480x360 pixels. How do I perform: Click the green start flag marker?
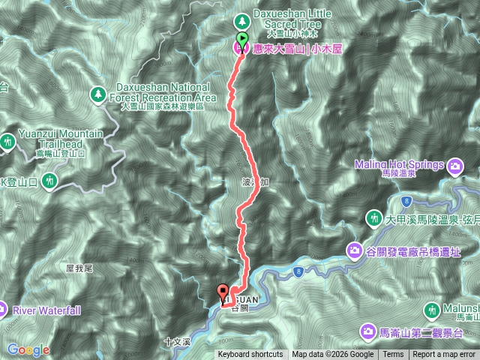pyautogui.click(x=242, y=39)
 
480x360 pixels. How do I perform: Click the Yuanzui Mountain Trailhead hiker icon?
pyautogui.click(x=8, y=140)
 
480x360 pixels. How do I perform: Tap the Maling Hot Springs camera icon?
pyautogui.click(x=454, y=165)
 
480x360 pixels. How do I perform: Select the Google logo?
pyautogui.click(x=28, y=349)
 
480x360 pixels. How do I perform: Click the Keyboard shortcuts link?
pyautogui.click(x=250, y=355)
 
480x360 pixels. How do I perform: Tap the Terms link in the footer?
pyautogui.click(x=392, y=355)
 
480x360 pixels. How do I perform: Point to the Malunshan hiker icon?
pyautogui.click(x=432, y=309)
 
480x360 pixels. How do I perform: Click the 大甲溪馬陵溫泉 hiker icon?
pyautogui.click(x=373, y=217)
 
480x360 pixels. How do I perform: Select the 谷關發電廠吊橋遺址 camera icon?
pyautogui.click(x=353, y=249)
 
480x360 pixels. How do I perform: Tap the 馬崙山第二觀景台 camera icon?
pyautogui.click(x=369, y=330)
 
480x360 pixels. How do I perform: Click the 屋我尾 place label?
pyautogui.click(x=78, y=268)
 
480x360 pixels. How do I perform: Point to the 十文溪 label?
pyautogui.click(x=177, y=342)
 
